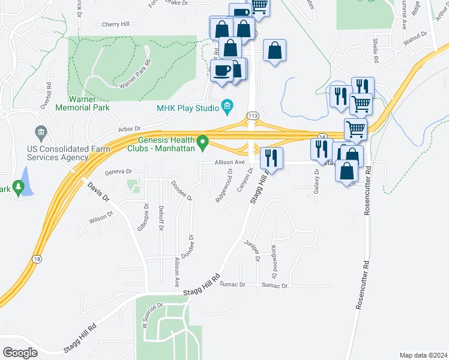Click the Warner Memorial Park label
tap(82, 103)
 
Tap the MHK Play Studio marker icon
tap(227, 108)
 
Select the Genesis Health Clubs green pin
tap(203, 143)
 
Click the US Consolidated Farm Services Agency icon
tap(41, 131)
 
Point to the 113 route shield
tap(253, 115)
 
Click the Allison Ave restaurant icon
tap(271, 158)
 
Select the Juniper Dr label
tap(253, 248)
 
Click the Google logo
tap(20, 353)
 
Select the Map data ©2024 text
tap(423, 355)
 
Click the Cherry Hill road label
tap(116, 25)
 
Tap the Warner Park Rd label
tap(135, 74)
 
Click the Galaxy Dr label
tap(316, 179)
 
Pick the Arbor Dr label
tap(128, 128)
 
